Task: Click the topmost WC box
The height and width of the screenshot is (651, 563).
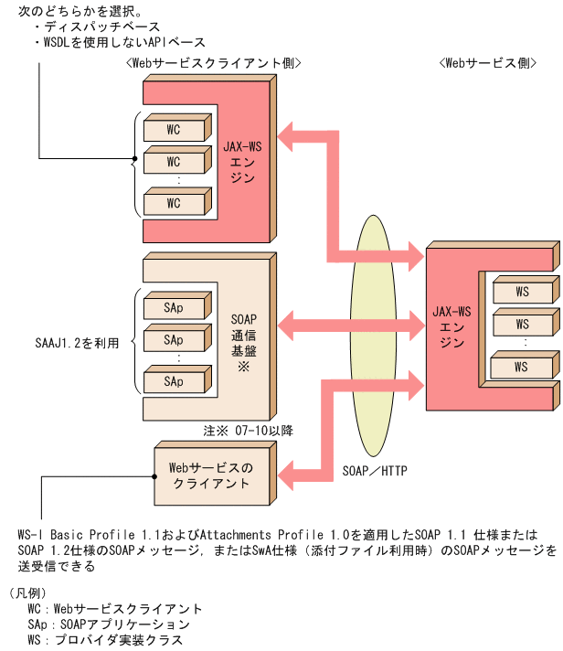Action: (x=173, y=130)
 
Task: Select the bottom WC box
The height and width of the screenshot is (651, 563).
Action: (x=173, y=202)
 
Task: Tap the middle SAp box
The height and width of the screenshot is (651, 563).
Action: (x=173, y=340)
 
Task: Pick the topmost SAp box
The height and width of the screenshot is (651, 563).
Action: (x=173, y=307)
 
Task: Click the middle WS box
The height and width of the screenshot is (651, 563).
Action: (x=522, y=324)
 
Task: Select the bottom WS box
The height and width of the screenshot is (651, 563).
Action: (x=522, y=367)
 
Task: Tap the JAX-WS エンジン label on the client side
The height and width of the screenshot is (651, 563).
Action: (x=243, y=161)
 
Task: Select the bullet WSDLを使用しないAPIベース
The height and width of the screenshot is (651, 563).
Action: (x=118, y=42)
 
